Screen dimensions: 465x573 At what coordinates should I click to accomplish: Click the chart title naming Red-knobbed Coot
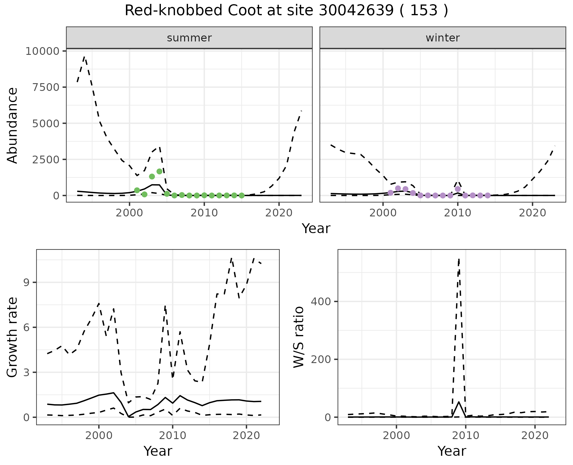pos(286,11)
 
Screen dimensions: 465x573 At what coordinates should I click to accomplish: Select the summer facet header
pos(189,38)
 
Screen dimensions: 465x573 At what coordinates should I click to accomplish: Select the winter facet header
pos(443,38)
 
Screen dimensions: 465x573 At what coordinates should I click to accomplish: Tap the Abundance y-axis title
pos(12,125)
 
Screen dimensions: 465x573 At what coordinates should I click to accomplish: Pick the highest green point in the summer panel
pos(159,171)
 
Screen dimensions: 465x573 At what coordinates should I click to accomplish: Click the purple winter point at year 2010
pos(458,189)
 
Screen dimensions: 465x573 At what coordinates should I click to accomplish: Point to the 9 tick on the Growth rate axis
pos(27,283)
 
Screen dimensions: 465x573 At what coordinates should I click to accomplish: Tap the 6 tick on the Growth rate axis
pos(27,327)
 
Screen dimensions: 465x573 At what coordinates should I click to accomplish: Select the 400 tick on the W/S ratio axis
pos(321,301)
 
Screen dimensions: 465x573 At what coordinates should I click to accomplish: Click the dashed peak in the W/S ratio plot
pos(459,259)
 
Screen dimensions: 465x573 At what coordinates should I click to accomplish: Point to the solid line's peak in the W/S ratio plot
pos(459,402)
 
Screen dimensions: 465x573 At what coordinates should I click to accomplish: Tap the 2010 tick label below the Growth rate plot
pos(172,435)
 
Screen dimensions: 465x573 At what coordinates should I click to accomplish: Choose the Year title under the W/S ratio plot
pos(452,451)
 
